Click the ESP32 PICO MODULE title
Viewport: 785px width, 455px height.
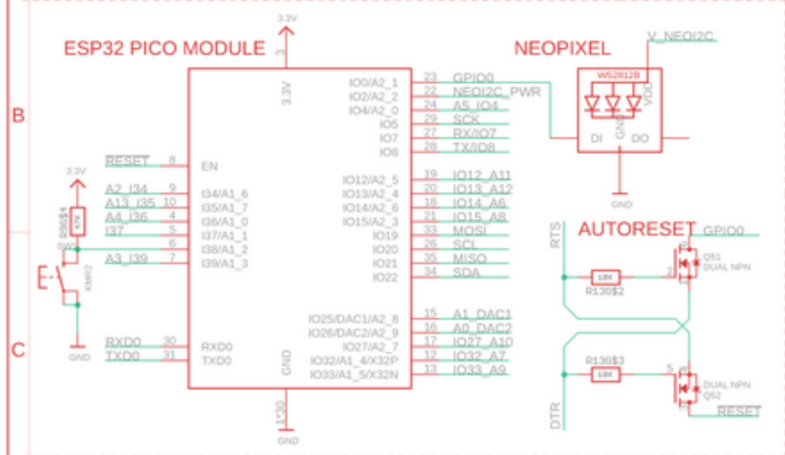(164, 48)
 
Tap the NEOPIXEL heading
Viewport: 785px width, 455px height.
(562, 48)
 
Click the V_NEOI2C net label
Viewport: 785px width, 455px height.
(679, 36)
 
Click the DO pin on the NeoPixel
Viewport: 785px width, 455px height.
(641, 138)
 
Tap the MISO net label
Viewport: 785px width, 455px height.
(470, 259)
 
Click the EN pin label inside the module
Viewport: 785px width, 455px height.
(209, 165)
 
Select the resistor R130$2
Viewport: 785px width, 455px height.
(606, 276)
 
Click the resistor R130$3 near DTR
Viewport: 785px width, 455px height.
(606, 374)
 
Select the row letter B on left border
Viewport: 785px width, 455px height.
(18, 116)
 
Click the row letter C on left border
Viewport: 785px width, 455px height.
(18, 350)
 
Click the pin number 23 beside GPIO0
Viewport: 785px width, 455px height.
(432, 77)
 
